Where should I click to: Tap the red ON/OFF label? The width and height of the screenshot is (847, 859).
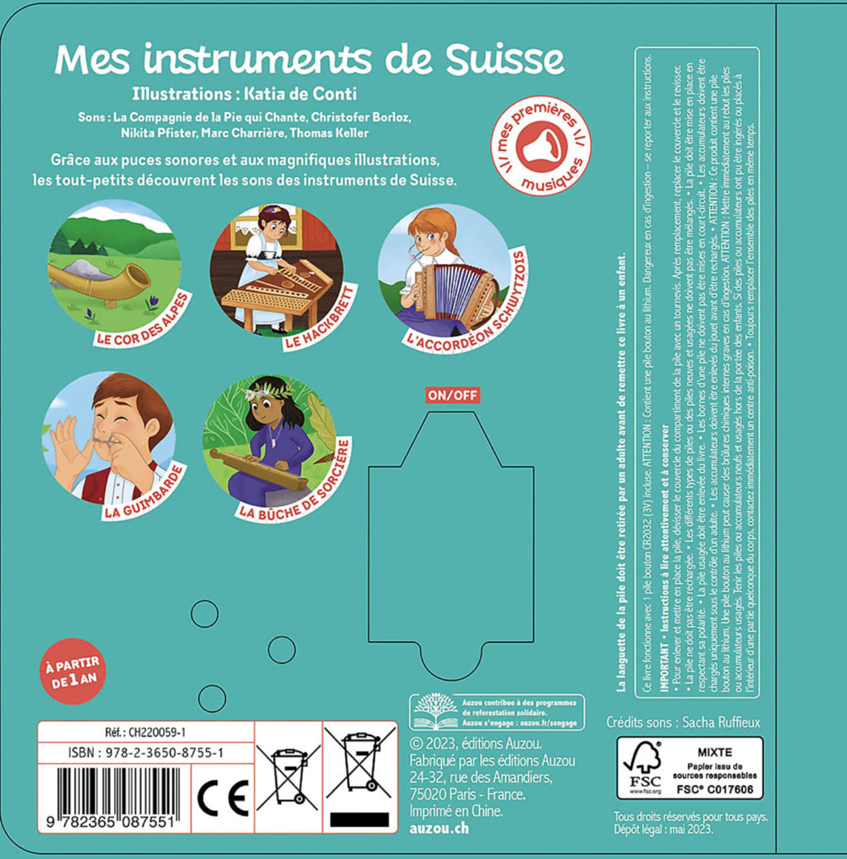pos(453,395)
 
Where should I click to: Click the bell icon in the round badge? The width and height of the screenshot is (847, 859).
pos(542,146)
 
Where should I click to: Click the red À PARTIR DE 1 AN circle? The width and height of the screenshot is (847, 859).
pos(72,671)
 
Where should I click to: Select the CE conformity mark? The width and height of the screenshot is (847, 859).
pos(223,798)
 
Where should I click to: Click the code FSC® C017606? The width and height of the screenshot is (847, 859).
pos(715,789)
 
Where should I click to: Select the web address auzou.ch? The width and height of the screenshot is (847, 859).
pos(439,828)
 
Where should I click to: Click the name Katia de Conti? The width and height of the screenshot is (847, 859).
pos(300,94)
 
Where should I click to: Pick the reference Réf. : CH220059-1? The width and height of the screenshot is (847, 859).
pos(145,732)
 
